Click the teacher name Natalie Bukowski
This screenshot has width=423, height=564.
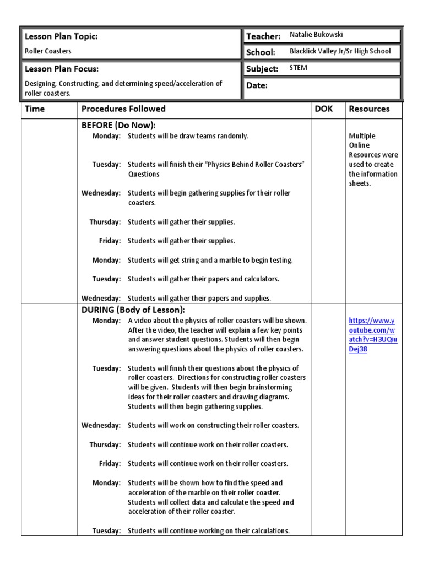(x=316, y=35)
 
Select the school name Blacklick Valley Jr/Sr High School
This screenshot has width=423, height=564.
(x=340, y=51)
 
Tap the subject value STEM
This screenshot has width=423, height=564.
(x=299, y=68)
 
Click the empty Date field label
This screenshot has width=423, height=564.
(x=257, y=86)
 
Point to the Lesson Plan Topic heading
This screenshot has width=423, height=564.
(x=62, y=36)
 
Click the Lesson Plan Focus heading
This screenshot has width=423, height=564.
(x=62, y=69)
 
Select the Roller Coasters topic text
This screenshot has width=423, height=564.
(x=48, y=51)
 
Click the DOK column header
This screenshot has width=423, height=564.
(x=323, y=109)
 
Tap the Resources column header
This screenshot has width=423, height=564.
(x=369, y=109)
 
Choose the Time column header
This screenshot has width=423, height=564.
(x=35, y=109)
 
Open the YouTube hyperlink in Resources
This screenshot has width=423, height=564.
(x=373, y=335)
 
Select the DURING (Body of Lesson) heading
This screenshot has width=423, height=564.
(x=133, y=310)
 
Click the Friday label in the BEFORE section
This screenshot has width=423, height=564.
(x=110, y=241)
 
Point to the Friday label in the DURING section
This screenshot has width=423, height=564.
(x=110, y=464)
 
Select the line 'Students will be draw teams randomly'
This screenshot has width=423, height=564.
(x=188, y=136)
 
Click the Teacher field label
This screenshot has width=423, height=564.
(x=263, y=36)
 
